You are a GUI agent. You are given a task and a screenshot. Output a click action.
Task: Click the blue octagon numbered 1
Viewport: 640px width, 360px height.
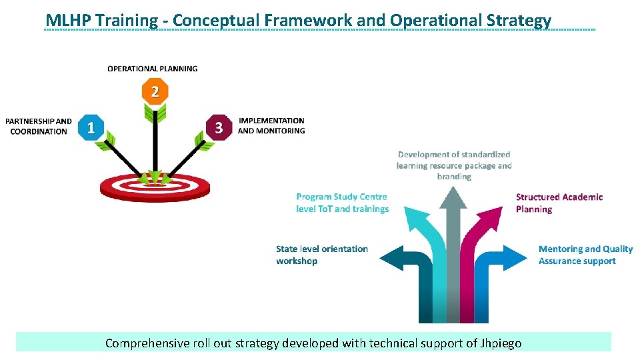pos(91,126)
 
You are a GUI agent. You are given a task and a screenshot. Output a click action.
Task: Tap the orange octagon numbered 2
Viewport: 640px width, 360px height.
pos(155,91)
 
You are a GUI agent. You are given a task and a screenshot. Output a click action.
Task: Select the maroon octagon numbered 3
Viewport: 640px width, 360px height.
pos(219,127)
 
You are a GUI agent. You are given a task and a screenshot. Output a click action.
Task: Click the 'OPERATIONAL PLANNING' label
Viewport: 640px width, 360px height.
pos(153,68)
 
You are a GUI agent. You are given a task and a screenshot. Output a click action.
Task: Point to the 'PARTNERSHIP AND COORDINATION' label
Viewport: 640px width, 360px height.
pos(39,126)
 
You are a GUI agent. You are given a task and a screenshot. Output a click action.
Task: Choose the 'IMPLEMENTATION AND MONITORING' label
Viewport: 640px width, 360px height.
pos(271,126)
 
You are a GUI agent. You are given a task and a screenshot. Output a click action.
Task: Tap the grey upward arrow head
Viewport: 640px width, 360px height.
pos(453,198)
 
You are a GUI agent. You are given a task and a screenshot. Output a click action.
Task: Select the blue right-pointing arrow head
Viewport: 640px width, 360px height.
pos(516,257)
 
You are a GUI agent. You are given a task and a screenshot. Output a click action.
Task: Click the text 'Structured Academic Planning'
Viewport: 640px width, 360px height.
pos(559,203)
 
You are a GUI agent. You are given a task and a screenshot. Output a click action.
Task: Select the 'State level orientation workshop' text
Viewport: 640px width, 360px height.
pos(322,255)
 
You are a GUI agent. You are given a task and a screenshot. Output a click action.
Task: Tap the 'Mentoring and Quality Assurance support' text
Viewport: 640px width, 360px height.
pos(585,255)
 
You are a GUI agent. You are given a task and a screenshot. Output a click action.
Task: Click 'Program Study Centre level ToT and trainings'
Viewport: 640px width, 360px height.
pos(342,203)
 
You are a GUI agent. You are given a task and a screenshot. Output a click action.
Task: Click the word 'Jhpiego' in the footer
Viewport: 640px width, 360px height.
pos(501,343)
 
